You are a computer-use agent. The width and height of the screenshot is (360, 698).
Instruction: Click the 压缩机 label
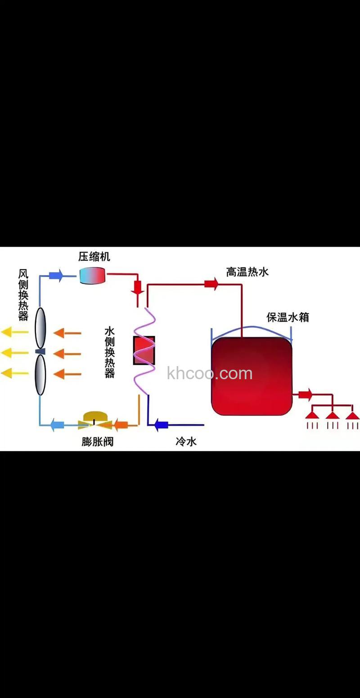tap(94, 257)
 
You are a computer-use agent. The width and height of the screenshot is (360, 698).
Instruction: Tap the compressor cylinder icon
tap(92, 275)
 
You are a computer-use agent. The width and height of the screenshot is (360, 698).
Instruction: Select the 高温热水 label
tap(247, 272)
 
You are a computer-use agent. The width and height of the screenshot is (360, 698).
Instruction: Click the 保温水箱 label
tap(288, 317)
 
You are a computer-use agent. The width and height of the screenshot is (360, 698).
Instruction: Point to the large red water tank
tap(252, 376)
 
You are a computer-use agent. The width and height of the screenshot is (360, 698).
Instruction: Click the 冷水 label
tap(186, 441)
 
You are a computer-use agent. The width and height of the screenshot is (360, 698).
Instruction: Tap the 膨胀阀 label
tap(98, 441)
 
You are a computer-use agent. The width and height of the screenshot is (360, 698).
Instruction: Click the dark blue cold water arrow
tap(161, 424)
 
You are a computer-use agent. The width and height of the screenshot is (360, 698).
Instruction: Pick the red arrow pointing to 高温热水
tap(211, 284)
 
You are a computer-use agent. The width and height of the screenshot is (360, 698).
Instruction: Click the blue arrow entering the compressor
tap(57, 275)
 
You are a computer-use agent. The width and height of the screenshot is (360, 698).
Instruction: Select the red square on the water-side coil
tap(144, 350)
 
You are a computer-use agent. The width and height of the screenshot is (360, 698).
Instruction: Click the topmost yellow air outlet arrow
tap(13, 333)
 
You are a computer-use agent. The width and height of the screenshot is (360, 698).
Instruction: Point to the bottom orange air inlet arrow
tap(67, 373)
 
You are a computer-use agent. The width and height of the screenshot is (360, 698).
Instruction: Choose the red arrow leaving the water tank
tap(305, 395)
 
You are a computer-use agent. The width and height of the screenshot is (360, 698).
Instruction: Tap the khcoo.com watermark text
tap(210, 373)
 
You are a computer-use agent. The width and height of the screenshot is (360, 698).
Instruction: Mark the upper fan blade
tap(40, 327)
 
